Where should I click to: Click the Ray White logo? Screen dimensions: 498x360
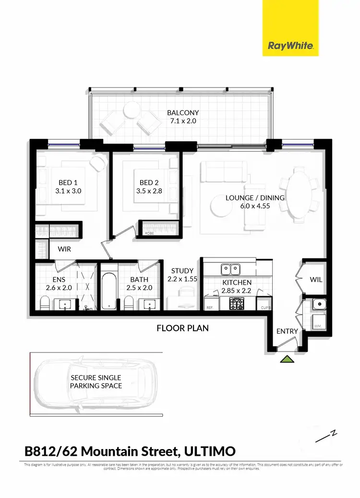290,46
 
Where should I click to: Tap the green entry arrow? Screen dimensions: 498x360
287,359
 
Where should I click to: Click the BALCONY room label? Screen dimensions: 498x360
183,113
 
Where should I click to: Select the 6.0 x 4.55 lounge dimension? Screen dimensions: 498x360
255,206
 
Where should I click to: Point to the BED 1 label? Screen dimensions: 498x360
68,182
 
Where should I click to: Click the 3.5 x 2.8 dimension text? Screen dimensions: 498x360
149,191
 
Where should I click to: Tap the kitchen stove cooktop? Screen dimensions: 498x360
238,304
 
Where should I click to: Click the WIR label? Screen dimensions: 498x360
65,249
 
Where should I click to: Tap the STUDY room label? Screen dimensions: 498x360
182,270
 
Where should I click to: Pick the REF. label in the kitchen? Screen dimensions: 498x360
209,307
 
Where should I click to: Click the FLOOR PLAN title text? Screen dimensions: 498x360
182,328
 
